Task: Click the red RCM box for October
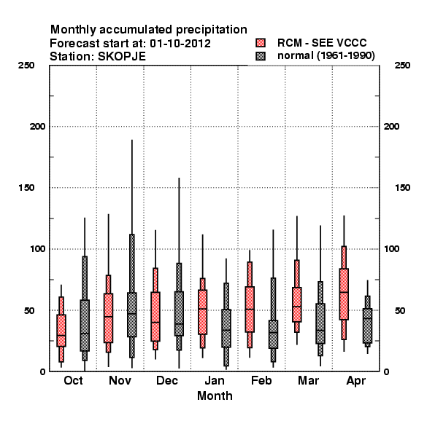pyautogui.click(x=61, y=331)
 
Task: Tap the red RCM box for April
pyautogui.click(x=344, y=294)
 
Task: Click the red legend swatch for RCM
pyautogui.click(x=261, y=43)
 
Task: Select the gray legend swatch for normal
pyautogui.click(x=261, y=56)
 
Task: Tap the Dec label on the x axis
pyautogui.click(x=167, y=380)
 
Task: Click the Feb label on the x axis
pyautogui.click(x=261, y=380)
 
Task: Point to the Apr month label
pyautogui.click(x=355, y=381)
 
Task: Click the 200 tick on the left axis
pyautogui.click(x=37, y=127)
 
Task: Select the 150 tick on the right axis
pyautogui.click(x=402, y=188)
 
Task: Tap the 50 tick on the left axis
pyautogui.click(x=30, y=310)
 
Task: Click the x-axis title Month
pyautogui.click(x=215, y=395)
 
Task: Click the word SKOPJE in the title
pyautogui.click(x=122, y=57)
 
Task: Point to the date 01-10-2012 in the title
pyautogui.click(x=180, y=44)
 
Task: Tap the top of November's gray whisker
pyautogui.click(x=132, y=140)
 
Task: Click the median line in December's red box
pyautogui.click(x=155, y=322)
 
